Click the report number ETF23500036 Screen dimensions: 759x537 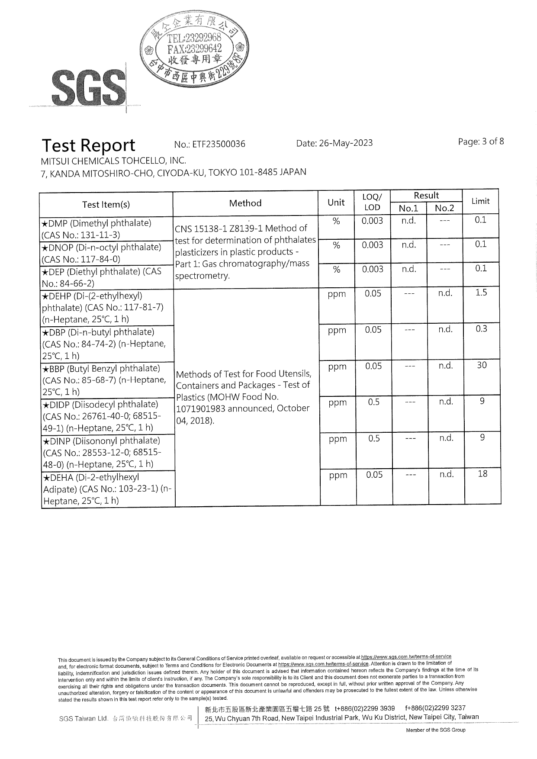(210, 144)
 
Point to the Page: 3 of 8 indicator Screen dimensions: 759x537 (481, 142)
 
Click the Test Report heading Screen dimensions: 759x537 (88, 145)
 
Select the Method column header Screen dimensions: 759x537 (245, 203)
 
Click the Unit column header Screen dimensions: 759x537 (336, 202)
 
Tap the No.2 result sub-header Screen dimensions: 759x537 (444, 208)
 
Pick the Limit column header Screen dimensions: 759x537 (480, 201)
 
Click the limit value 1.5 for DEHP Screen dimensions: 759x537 (481, 293)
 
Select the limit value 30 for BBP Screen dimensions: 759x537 (482, 365)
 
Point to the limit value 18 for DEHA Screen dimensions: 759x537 (482, 474)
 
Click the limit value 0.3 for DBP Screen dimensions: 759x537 (481, 329)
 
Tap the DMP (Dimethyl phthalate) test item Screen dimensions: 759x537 (106, 229)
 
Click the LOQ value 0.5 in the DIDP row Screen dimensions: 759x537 (373, 402)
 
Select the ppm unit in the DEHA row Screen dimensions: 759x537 (338, 475)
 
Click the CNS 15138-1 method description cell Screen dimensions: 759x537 (245, 252)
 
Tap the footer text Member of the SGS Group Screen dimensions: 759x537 (435, 730)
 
